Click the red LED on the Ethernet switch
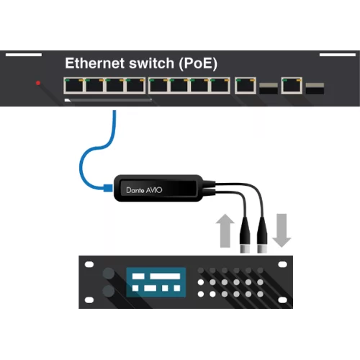pos(38,84)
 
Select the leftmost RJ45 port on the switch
pos(74,86)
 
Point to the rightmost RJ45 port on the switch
pos(291,86)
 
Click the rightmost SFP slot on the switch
pos(315,88)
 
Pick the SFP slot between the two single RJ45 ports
pos(268,88)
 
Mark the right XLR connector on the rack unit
pos(262,238)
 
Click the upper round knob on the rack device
pos(109,274)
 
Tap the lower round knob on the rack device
pos(109,292)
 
